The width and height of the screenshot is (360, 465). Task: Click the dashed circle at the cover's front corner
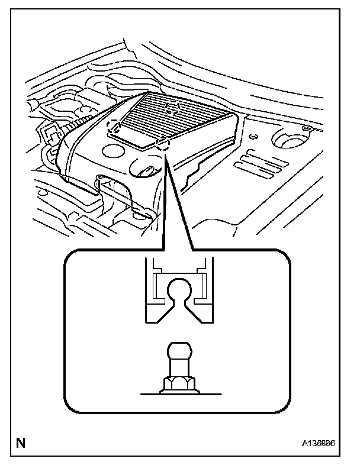163,144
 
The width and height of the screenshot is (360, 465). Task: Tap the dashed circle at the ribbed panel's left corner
112,125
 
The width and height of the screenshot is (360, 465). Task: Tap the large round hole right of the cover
288,140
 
